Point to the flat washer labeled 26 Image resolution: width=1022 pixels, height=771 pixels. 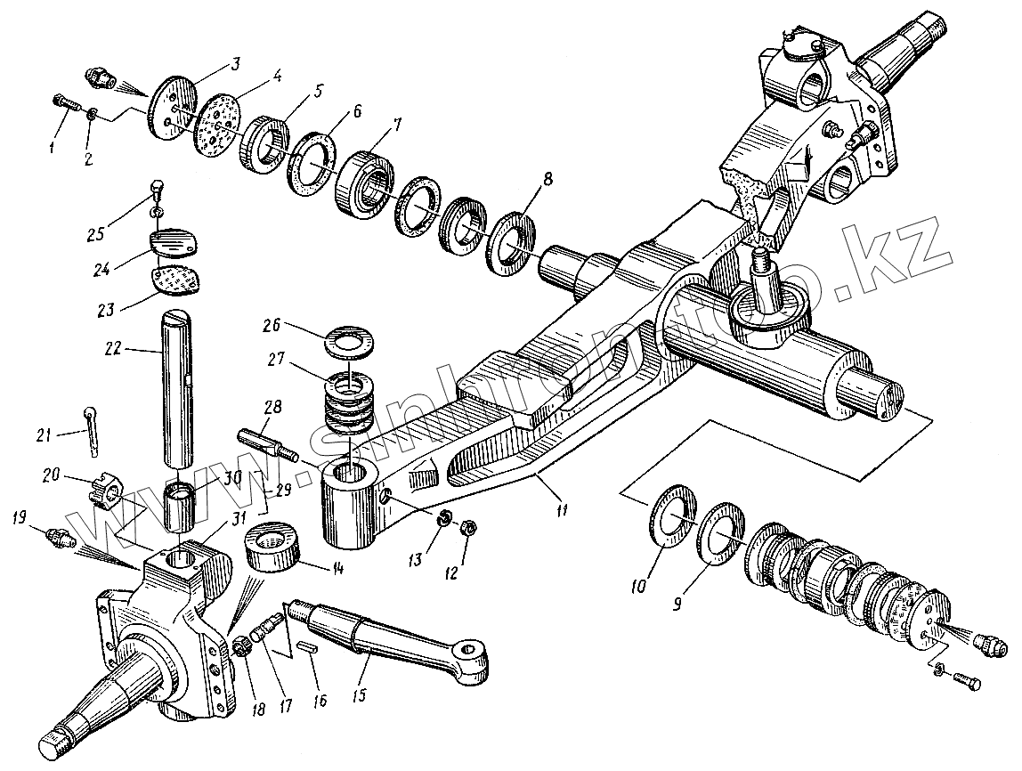(347, 341)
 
